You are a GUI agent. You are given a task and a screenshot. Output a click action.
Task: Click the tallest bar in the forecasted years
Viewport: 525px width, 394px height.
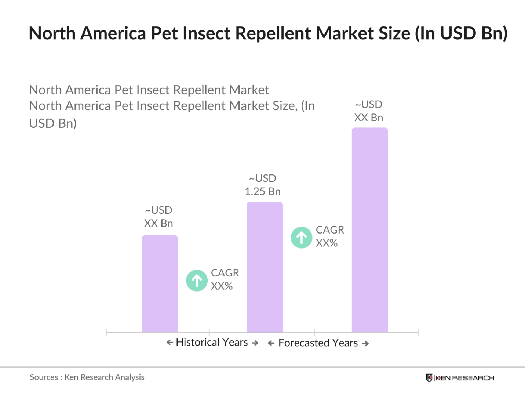point(369,229)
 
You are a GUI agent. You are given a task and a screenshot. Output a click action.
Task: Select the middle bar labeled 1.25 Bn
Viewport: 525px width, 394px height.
point(265,267)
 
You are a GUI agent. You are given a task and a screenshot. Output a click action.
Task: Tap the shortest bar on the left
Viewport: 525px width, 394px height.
point(160,283)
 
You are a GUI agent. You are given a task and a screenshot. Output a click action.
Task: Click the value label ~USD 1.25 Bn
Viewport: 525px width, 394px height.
point(263,185)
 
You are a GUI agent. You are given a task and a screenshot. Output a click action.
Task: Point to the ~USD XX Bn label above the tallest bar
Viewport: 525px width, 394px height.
point(369,111)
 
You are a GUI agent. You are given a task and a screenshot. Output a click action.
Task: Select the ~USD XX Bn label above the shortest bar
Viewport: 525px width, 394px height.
point(158,217)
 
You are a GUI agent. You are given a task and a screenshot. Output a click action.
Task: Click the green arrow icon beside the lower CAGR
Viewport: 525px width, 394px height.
point(197,281)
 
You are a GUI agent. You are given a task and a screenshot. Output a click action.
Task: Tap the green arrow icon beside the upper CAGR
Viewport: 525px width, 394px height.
point(302,238)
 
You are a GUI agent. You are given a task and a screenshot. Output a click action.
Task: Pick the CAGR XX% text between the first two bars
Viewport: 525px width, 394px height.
point(225,279)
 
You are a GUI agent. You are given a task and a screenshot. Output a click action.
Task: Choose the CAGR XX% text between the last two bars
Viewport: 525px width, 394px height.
point(329,236)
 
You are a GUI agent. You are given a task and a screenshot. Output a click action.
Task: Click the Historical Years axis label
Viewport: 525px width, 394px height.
point(212,342)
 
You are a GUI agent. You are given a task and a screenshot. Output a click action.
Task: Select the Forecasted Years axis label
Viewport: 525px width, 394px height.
point(318,343)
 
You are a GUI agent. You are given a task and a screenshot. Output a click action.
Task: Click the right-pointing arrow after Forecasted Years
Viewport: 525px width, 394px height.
point(365,344)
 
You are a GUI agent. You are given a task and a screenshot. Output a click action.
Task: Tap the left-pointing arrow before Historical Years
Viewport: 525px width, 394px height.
point(169,343)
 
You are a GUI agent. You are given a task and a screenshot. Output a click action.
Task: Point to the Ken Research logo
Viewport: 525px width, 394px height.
point(460,378)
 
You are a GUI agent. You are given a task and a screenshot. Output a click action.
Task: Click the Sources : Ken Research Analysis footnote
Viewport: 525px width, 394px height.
point(87,377)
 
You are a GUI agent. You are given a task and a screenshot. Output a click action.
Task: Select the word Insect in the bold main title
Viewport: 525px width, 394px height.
point(207,33)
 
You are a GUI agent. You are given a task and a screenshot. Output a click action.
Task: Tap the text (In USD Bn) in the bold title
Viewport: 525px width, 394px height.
point(461,33)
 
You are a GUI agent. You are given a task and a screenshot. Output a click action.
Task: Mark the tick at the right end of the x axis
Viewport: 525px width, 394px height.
point(418,332)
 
